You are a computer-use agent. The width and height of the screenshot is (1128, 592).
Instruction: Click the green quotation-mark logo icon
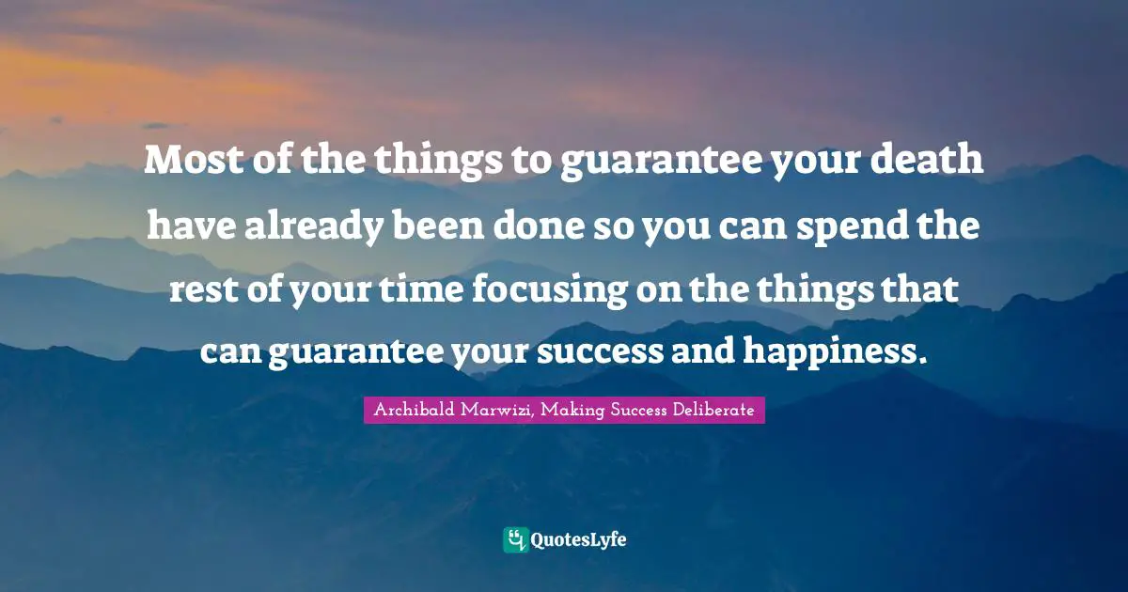pos(515,539)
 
